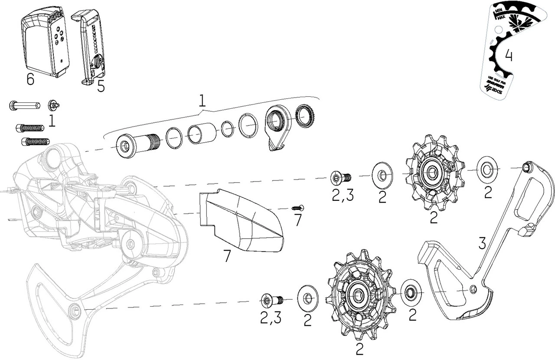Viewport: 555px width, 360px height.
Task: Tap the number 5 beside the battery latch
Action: (x=101, y=86)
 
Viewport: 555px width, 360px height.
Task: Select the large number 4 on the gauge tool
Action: (x=509, y=56)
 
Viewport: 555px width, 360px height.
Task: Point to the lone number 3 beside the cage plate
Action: (x=483, y=243)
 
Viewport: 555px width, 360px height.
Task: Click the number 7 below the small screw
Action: (x=297, y=220)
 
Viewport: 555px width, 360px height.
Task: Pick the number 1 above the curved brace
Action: (x=202, y=101)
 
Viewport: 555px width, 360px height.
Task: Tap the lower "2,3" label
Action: (x=271, y=318)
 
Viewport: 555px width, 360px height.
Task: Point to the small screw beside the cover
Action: (x=298, y=208)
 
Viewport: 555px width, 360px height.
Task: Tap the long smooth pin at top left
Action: (x=24, y=105)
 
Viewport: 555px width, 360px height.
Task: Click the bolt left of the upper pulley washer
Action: (x=340, y=177)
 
